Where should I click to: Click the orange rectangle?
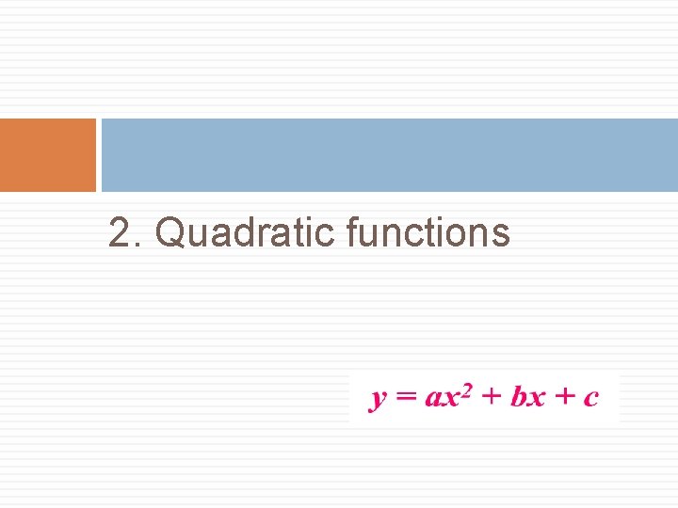click(x=48, y=155)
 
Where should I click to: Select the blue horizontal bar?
click(x=389, y=155)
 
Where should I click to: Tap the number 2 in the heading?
click(x=118, y=233)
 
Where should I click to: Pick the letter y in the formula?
click(x=378, y=399)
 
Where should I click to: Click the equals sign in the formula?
click(x=406, y=397)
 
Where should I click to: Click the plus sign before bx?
click(x=491, y=396)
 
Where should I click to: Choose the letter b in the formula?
click(x=519, y=396)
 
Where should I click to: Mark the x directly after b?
click(x=536, y=398)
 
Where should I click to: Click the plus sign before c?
click(x=563, y=396)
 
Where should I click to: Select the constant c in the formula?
click(x=590, y=398)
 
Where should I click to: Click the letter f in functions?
click(x=352, y=231)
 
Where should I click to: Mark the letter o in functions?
click(x=459, y=235)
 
